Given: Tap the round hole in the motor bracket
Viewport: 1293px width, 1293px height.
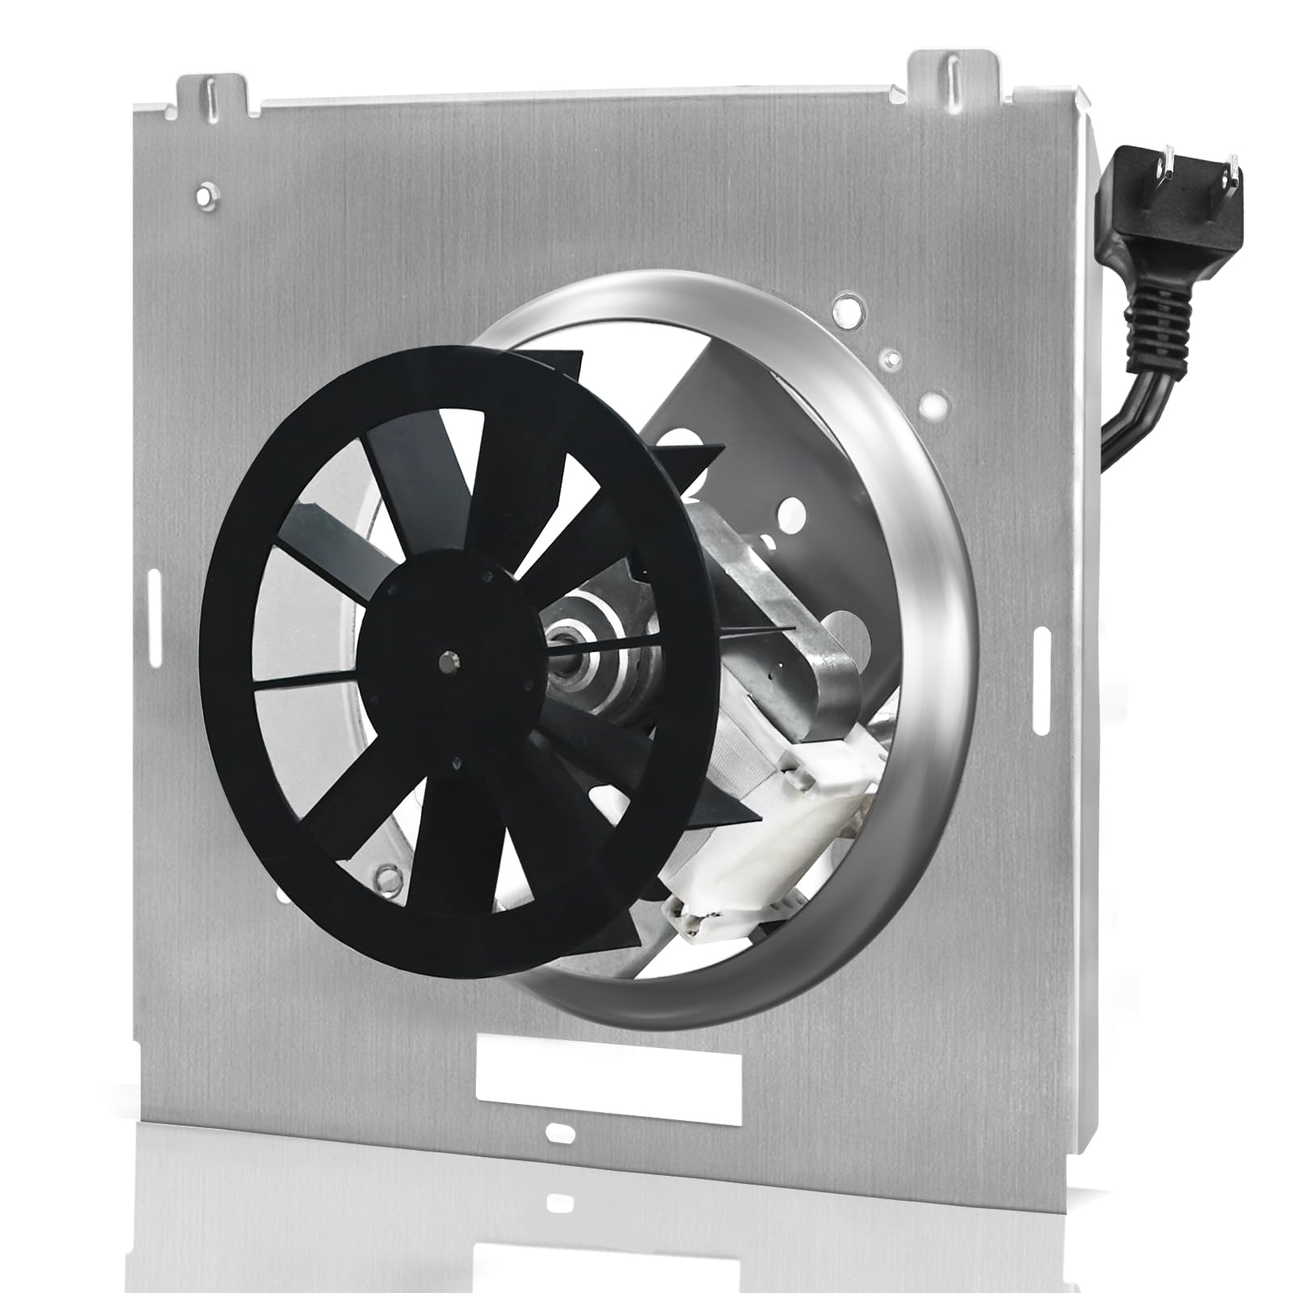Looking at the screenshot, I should (x=794, y=511).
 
